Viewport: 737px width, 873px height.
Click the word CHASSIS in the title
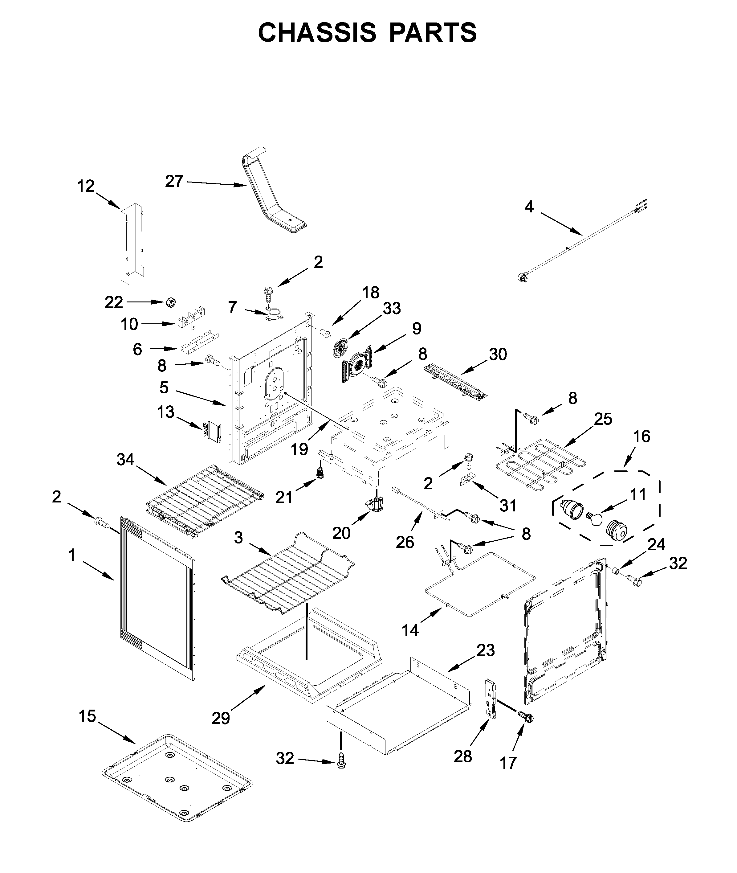[x=317, y=33]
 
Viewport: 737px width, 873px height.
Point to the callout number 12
[x=86, y=186]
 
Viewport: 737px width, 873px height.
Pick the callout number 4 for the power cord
[x=529, y=207]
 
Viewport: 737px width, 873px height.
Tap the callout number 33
[x=392, y=308]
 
